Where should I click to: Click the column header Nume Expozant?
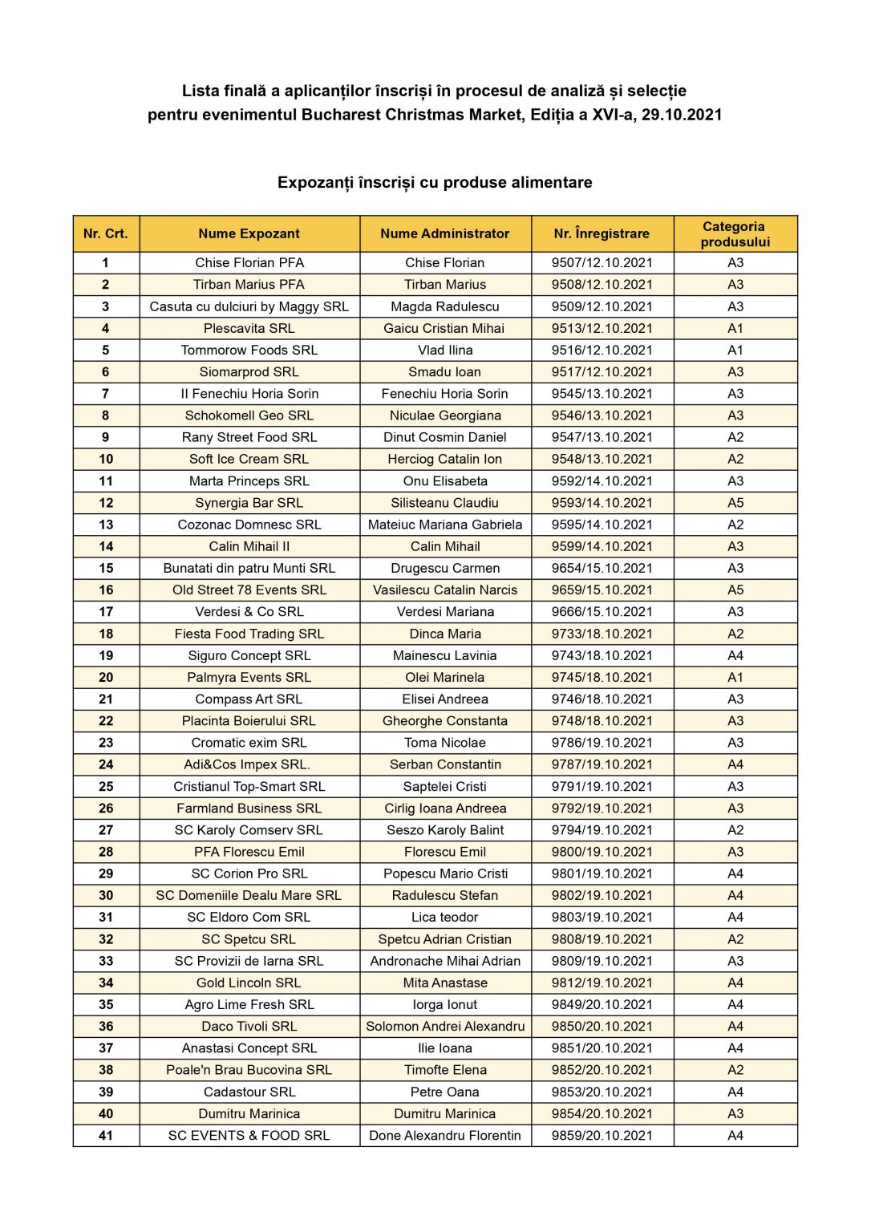tap(249, 233)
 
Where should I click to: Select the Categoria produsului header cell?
tap(735, 233)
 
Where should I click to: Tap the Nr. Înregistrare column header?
tap(602, 233)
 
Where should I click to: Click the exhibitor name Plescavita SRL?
tap(249, 328)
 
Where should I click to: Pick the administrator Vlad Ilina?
tap(445, 350)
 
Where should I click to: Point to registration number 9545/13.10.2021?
tap(602, 393)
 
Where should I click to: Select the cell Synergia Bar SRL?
tap(249, 503)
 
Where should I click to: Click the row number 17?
tap(106, 611)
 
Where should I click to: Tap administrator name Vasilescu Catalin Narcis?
tap(445, 590)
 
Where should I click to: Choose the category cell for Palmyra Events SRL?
tap(735, 677)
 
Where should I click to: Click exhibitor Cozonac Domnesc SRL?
tap(249, 525)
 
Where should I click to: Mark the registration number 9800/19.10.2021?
tap(602, 852)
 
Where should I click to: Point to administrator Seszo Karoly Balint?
tap(445, 830)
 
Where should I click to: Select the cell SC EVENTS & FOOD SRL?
tap(249, 1135)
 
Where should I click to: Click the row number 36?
tap(106, 1026)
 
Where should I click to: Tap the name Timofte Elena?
tap(445, 1070)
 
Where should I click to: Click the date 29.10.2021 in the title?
tap(682, 115)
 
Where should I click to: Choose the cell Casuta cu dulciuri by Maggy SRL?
tap(249, 306)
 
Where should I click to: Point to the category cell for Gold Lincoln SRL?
tap(735, 983)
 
